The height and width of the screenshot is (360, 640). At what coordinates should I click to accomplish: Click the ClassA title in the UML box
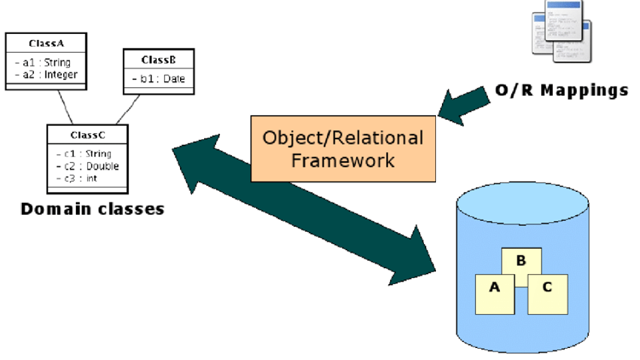coord(46,43)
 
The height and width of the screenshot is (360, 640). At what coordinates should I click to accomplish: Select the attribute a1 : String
coord(43,63)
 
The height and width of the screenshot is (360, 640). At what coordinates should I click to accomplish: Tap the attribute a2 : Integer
coord(46,74)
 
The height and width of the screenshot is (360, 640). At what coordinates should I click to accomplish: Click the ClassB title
coord(159,60)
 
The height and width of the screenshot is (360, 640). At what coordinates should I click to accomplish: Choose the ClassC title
coord(87,135)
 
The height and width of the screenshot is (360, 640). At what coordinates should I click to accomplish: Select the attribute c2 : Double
coord(87,166)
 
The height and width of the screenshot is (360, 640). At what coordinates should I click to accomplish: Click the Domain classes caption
coord(92,209)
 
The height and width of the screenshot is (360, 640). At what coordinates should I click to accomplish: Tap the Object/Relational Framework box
coord(343,149)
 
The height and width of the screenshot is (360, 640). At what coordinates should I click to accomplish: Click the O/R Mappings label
coord(561,90)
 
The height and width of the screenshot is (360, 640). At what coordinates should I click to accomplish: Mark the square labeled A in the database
coord(494,291)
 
